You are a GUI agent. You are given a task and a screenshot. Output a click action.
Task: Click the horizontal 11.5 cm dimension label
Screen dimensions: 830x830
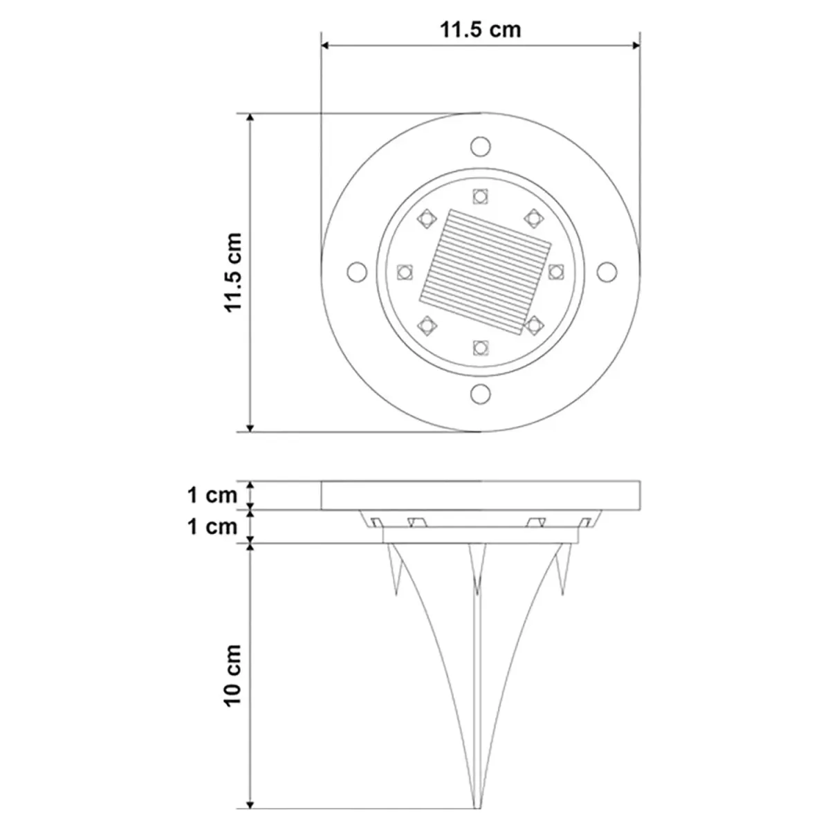click(480, 30)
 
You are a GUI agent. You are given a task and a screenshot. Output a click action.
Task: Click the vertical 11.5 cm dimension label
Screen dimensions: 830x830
click(234, 273)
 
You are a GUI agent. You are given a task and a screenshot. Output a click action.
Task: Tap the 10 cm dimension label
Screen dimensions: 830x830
click(234, 676)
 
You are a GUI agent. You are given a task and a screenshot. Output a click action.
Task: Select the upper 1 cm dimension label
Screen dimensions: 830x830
click(212, 495)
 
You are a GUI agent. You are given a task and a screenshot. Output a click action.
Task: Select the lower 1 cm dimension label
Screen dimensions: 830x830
click(212, 527)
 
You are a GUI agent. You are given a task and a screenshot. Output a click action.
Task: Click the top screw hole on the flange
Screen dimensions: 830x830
click(480, 147)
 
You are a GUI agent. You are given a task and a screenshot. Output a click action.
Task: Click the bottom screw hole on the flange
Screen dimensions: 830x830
click(480, 394)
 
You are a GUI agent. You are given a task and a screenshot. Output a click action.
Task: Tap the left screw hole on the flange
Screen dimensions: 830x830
click(357, 272)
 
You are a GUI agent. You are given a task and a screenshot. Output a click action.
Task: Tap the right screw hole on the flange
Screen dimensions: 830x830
click(607, 272)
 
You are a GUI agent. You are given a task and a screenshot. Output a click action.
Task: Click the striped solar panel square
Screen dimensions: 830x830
click(486, 273)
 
